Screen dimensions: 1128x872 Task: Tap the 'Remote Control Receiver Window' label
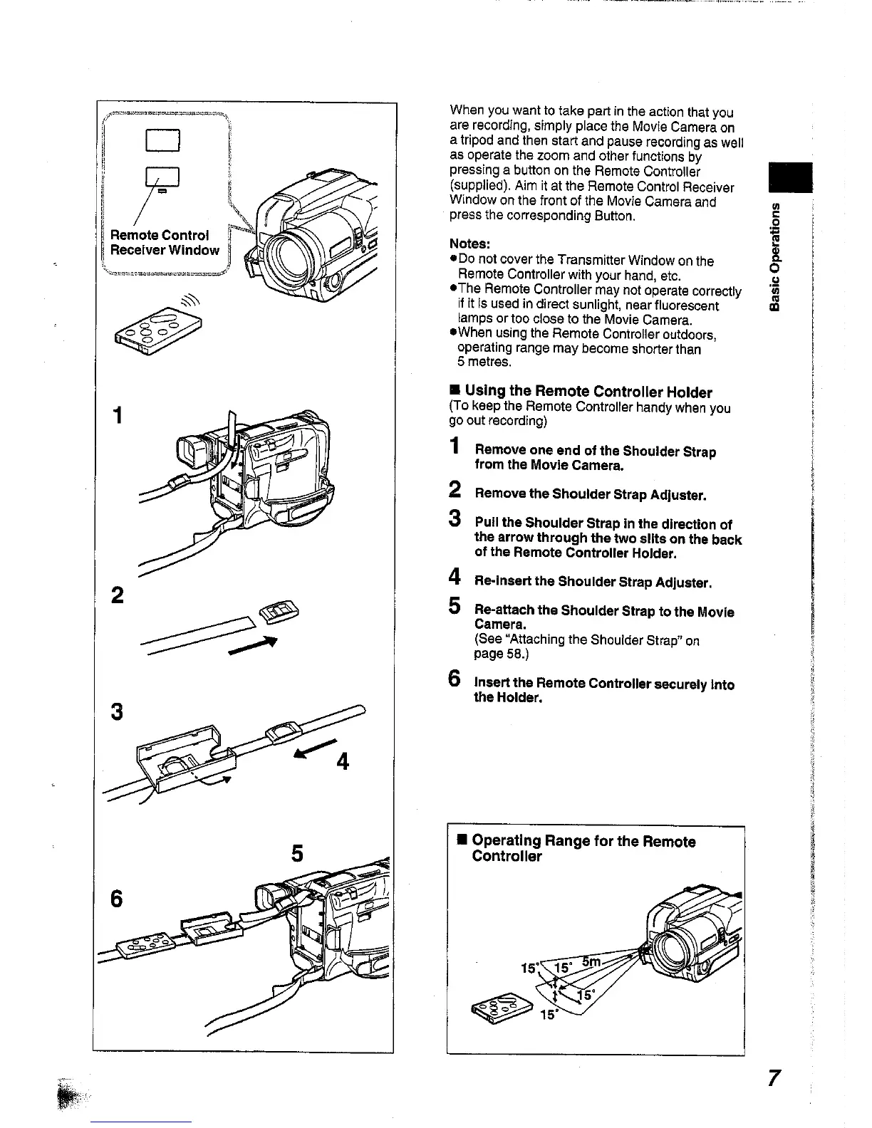165,243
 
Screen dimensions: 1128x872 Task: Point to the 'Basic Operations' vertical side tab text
776,256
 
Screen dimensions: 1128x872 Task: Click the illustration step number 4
343,762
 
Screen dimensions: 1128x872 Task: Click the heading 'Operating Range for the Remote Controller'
583,849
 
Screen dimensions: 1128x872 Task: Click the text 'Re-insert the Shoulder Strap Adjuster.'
593,583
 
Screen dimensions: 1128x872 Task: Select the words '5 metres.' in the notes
484,362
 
